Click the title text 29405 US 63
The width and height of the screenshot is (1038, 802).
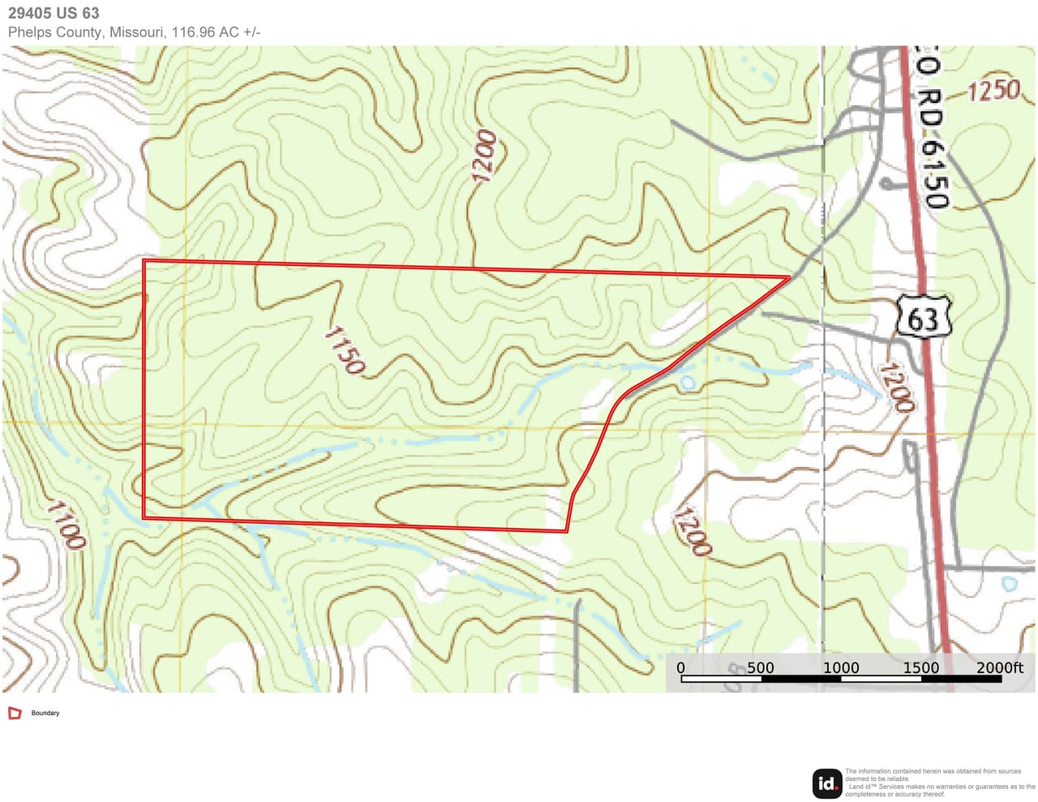click(54, 13)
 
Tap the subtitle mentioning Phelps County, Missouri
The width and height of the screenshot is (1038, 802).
click(134, 32)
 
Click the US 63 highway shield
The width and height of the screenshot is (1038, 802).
click(923, 317)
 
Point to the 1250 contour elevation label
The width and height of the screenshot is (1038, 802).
click(993, 90)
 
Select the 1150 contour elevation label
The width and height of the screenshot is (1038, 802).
click(345, 350)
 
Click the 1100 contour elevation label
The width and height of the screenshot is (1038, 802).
click(66, 525)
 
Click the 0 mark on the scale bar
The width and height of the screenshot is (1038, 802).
click(680, 667)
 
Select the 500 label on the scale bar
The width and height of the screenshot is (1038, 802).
click(760, 667)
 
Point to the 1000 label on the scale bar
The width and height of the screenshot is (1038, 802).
click(841, 667)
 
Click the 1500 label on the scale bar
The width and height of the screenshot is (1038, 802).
click(920, 667)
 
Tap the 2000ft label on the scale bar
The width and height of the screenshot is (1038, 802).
click(999, 667)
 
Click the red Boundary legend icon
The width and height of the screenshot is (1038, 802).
click(15, 713)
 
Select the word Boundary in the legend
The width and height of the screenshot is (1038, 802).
click(45, 713)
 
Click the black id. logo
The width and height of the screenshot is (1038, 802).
click(827, 783)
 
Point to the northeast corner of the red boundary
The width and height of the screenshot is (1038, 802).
click(789, 277)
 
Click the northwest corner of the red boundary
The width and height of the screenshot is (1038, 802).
click(144, 260)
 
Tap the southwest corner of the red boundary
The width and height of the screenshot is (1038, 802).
click(144, 517)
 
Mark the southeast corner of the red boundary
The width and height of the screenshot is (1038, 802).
click(566, 531)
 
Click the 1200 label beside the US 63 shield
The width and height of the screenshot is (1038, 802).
click(896, 388)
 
